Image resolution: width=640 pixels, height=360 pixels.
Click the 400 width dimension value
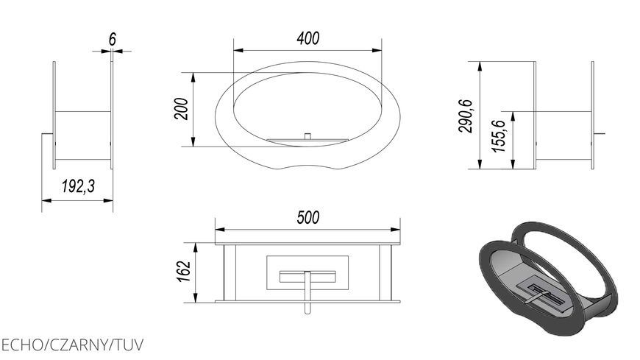(307, 38)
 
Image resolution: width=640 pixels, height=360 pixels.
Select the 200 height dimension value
(182, 109)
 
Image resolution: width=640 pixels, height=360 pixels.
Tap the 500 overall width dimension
(307, 217)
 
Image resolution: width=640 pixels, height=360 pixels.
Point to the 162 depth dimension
(184, 271)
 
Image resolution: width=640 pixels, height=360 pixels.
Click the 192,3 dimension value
(78, 186)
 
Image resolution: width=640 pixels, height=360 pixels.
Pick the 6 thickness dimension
(113, 40)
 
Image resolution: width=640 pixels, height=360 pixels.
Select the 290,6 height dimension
(466, 116)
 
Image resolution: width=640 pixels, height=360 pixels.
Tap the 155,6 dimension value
(499, 136)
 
